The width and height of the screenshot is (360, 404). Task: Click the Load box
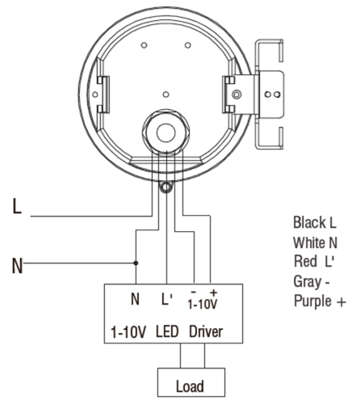[x=191, y=382]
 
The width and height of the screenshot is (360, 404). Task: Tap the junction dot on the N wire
[x=136, y=263]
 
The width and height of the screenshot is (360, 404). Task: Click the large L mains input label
[x=17, y=206]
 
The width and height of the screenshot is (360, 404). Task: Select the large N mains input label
[x=17, y=266]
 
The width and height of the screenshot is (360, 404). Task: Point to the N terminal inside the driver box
[x=135, y=299]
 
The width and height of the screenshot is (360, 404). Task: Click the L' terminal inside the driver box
[x=166, y=299]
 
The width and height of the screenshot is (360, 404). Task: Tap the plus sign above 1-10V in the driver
[x=213, y=292]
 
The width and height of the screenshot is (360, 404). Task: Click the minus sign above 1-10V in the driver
[x=194, y=292]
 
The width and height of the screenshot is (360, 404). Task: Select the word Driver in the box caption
[x=206, y=331]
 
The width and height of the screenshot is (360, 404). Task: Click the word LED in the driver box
[x=167, y=331]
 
